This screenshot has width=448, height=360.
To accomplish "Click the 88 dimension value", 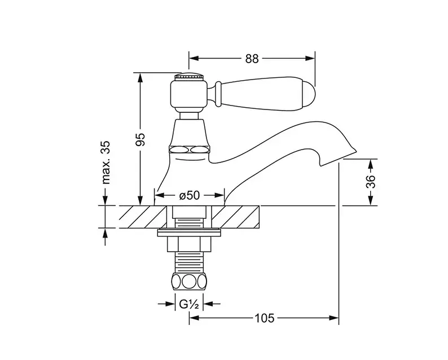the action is tap(252, 59).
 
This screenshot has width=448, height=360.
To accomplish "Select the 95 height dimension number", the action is tap(140, 139).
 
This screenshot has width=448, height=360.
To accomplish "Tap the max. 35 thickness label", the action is tap(106, 162).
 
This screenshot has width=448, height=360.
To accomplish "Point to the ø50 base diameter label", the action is tap(189, 195).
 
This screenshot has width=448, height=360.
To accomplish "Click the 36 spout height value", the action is tap(371, 181).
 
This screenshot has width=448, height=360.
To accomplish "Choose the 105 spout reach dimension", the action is tap(264, 318).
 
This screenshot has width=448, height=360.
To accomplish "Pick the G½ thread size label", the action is tap(189, 304).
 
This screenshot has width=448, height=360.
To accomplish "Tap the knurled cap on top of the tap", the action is tap(189, 77).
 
